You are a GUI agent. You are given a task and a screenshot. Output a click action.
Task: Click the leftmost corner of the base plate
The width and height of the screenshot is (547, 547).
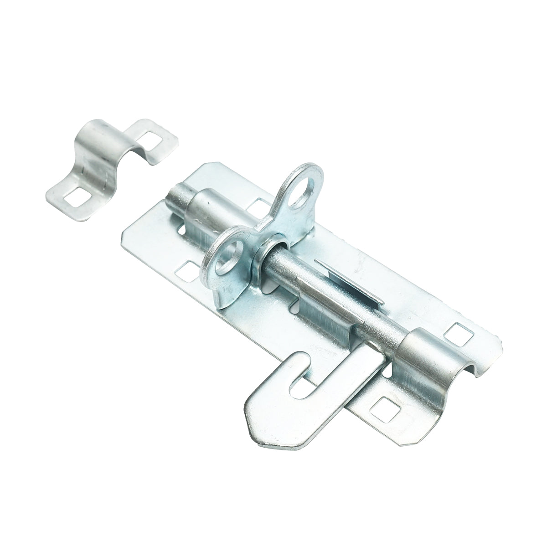coord(122,234)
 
